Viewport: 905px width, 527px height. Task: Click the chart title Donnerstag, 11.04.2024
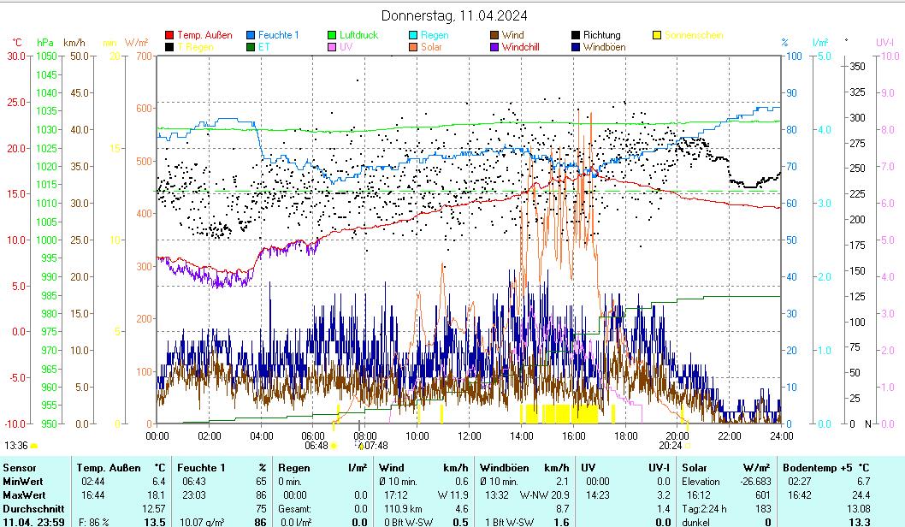tap(453, 15)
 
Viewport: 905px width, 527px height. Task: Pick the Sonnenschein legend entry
tap(694, 35)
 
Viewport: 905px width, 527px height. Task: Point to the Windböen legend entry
tap(604, 47)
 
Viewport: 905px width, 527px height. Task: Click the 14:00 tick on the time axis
tap(522, 435)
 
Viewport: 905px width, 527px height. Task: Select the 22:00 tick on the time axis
tap(730, 435)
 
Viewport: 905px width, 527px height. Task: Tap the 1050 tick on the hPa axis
tap(47, 56)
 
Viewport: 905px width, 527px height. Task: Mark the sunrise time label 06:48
tap(316, 445)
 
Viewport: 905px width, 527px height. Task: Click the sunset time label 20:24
tap(670, 445)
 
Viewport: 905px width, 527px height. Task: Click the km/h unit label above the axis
tap(74, 42)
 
